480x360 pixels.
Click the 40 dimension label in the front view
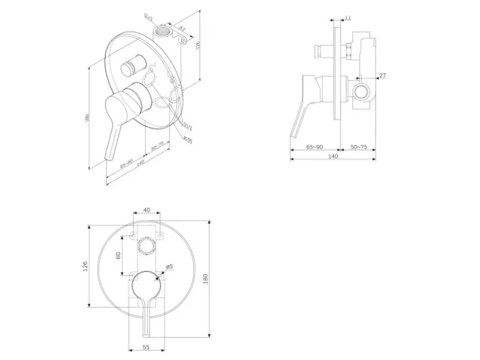pyautogui.click(x=146, y=211)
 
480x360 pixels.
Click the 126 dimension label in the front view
pyautogui.click(x=85, y=267)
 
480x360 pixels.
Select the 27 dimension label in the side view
pyautogui.click(x=383, y=76)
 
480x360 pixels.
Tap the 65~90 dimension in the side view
pyautogui.click(x=315, y=147)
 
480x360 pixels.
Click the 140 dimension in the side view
pyautogui.click(x=332, y=156)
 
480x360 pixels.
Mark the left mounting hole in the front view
pyautogui.click(x=132, y=236)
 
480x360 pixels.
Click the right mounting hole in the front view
pyautogui.click(x=160, y=236)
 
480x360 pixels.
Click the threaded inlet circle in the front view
pyautogui.click(x=146, y=247)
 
